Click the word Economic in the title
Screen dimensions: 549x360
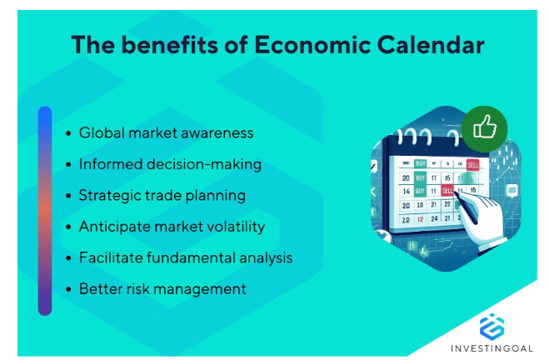312,45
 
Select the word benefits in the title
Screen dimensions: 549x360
170,45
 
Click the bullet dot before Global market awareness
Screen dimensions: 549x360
68,133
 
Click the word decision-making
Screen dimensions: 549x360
204,165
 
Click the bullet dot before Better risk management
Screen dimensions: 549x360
68,290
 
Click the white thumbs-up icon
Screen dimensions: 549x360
485,127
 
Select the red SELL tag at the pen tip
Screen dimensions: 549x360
447,190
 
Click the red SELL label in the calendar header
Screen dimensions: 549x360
472,165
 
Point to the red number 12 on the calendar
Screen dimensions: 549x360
420,219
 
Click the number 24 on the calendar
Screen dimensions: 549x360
434,219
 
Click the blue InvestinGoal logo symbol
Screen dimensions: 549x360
492,327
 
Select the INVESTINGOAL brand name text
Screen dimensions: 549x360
492,348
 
